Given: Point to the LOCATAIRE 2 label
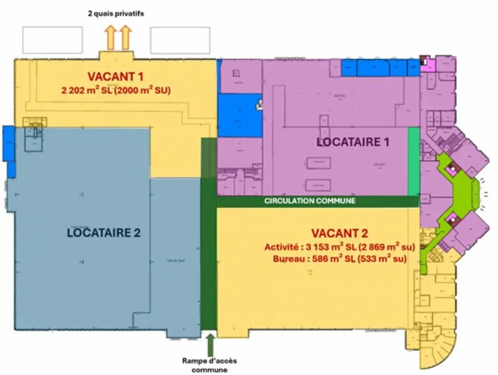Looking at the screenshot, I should click(x=103, y=232).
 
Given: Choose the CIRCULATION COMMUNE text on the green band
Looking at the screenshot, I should click(x=309, y=201).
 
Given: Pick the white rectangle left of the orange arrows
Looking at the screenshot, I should click(x=53, y=40).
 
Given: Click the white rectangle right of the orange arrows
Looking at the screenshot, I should click(x=180, y=40).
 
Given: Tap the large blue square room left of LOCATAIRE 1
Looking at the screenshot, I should click(x=240, y=115).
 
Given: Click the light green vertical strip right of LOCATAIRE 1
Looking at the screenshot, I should click(x=413, y=161).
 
